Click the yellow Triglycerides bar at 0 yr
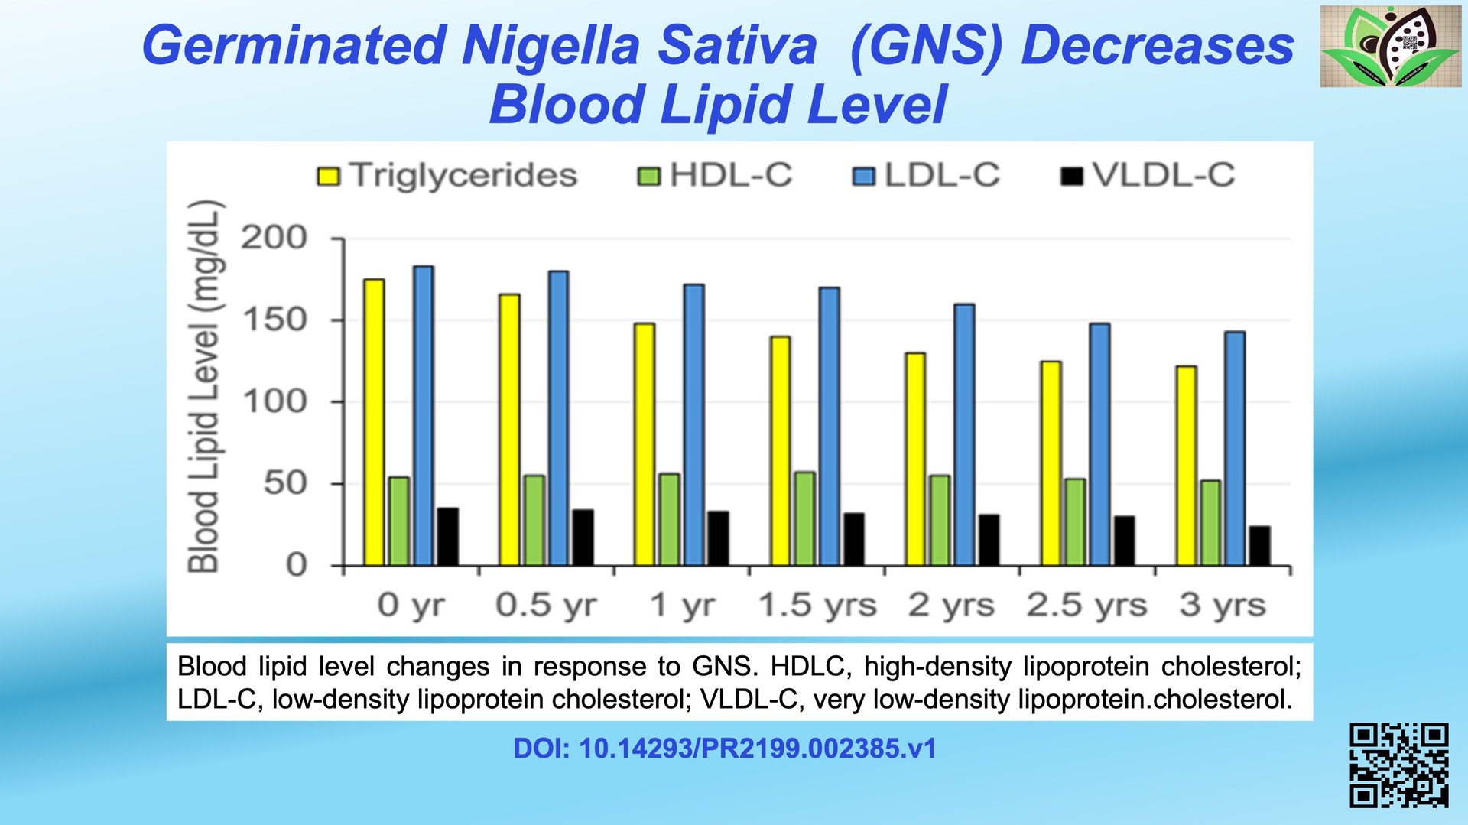pyautogui.click(x=374, y=422)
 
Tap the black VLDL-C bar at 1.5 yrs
pyautogui.click(x=854, y=539)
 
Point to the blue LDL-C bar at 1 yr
pyautogui.click(x=693, y=424)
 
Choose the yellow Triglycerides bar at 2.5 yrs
pyautogui.click(x=1051, y=463)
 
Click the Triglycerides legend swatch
pyautogui.click(x=328, y=177)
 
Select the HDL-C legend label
pyautogui.click(x=731, y=175)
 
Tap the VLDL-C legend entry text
pyautogui.click(x=1163, y=175)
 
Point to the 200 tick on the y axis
pyautogui.click(x=274, y=238)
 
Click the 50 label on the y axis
pyautogui.click(x=285, y=483)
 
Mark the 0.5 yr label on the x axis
pyautogui.click(x=546, y=605)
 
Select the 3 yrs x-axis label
pyautogui.click(x=1222, y=605)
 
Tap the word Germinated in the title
pyautogui.click(x=294, y=45)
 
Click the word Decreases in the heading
pyautogui.click(x=1157, y=45)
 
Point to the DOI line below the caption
pyautogui.click(x=725, y=749)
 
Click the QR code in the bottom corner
pyautogui.click(x=1398, y=765)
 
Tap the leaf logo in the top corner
pyautogui.click(x=1390, y=46)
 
